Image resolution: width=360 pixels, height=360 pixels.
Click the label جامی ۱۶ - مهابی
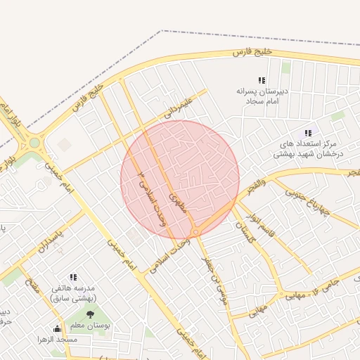pyautogui.click(x=324, y=288)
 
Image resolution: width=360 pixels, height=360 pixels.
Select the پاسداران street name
pyautogui.click(x=51, y=239)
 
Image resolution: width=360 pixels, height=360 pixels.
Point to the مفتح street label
pyautogui.click(x=31, y=285)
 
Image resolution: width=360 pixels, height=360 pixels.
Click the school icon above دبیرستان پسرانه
pyautogui.click(x=262, y=81)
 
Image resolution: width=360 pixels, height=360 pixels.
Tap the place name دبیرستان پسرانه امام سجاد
pyautogui.click(x=258, y=97)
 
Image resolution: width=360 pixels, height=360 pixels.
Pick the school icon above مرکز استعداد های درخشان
pyautogui.click(x=307, y=133)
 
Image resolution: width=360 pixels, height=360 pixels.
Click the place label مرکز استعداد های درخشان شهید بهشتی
pyautogui.click(x=303, y=148)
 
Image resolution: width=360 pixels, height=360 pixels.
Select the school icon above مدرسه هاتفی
pyautogui.click(x=73, y=278)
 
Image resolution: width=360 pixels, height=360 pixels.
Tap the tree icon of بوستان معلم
pyautogui.click(x=89, y=314)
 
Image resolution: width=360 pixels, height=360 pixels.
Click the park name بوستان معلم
pyautogui.click(x=89, y=326)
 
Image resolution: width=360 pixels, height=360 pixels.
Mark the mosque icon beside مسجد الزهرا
pyautogui.click(x=57, y=328)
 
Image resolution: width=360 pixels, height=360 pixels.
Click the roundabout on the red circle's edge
pyautogui.click(x=195, y=232)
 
